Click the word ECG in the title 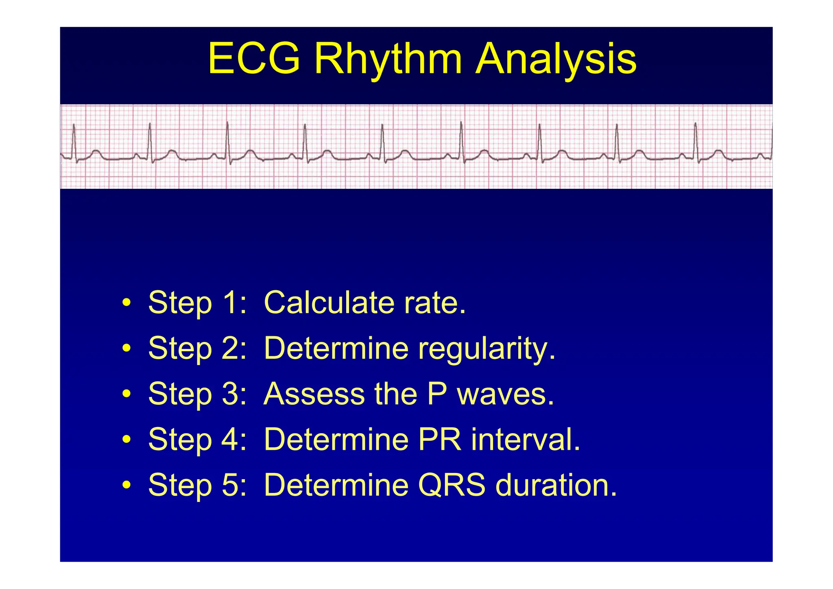pyautogui.click(x=254, y=59)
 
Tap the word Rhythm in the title pyautogui.click(x=388, y=59)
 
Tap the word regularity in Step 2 pyautogui.click(x=486, y=348)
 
